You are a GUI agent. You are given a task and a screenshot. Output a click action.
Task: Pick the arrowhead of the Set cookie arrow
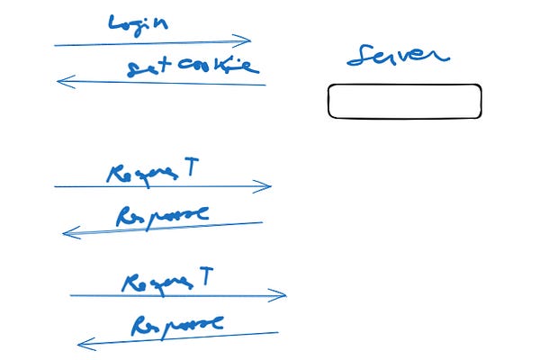[x=60, y=81]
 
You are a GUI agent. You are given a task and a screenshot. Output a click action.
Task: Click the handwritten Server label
[x=397, y=56]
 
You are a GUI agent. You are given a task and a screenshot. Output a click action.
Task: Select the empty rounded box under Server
[x=404, y=101]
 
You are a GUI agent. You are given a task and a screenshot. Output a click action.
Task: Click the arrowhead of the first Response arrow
[x=67, y=233]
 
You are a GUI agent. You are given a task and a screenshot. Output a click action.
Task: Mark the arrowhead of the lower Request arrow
[x=282, y=294]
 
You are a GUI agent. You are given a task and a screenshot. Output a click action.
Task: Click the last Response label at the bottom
[x=176, y=324]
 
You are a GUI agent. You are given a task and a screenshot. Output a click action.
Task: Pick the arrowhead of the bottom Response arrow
[x=82, y=343]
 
